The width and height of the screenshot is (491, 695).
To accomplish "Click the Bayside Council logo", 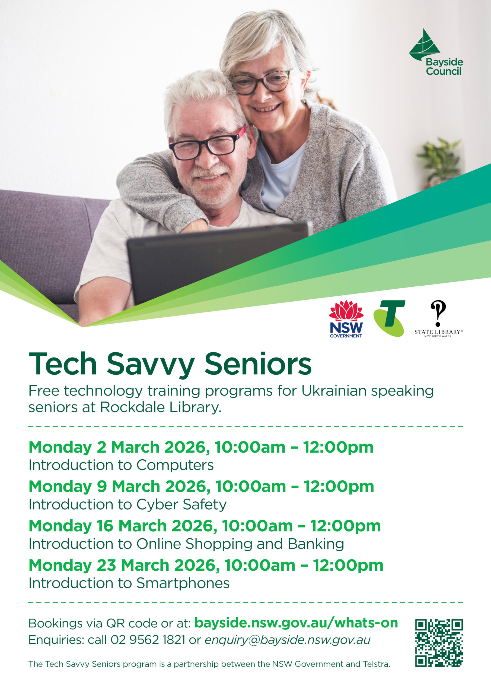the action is pyautogui.click(x=436, y=52).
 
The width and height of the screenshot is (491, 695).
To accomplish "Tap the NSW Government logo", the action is pyautogui.click(x=346, y=319).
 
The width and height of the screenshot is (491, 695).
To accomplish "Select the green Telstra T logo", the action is pyautogui.click(x=389, y=318).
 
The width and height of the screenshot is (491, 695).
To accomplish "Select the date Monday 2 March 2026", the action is pyautogui.click(x=119, y=447).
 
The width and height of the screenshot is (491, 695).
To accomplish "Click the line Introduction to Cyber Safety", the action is pyautogui.click(x=127, y=505).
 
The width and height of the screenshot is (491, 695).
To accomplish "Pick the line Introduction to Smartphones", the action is pyautogui.click(x=129, y=583).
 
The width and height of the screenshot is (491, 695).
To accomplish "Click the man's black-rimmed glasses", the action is pyautogui.click(x=208, y=144).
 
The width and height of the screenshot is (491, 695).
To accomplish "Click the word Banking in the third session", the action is pyautogui.click(x=316, y=544).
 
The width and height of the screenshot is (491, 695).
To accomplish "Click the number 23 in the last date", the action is pyautogui.click(x=106, y=565).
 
